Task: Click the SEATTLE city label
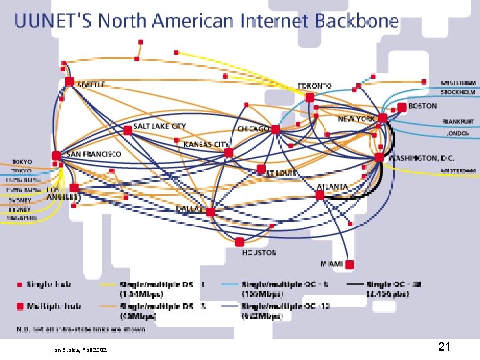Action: click(x=91, y=85)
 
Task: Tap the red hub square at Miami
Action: click(x=350, y=264)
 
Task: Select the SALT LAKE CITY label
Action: click(x=160, y=126)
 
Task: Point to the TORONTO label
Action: click(x=314, y=86)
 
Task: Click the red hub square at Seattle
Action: click(x=70, y=81)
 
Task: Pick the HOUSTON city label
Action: click(x=259, y=253)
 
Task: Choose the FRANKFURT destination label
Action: click(x=458, y=122)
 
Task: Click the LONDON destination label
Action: click(x=458, y=133)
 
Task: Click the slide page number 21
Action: click(x=445, y=347)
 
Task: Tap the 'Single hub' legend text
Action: click(x=49, y=285)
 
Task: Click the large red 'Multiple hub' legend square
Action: click(x=20, y=306)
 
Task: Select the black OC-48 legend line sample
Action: click(x=355, y=285)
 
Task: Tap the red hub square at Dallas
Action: click(x=210, y=212)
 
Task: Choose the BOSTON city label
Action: click(x=422, y=106)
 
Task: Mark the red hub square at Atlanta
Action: click(x=320, y=195)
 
